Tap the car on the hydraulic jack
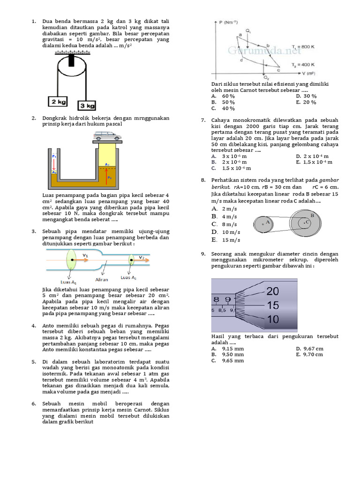[x=107, y=136]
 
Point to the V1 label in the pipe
[x=85, y=255]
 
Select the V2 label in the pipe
[x=141, y=257]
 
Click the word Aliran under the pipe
[x=102, y=279]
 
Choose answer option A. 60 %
[x=223, y=96]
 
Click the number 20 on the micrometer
[x=272, y=291]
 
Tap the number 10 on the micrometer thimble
[x=272, y=319]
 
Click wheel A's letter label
[x=268, y=221]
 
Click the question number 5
[x=34, y=362]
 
